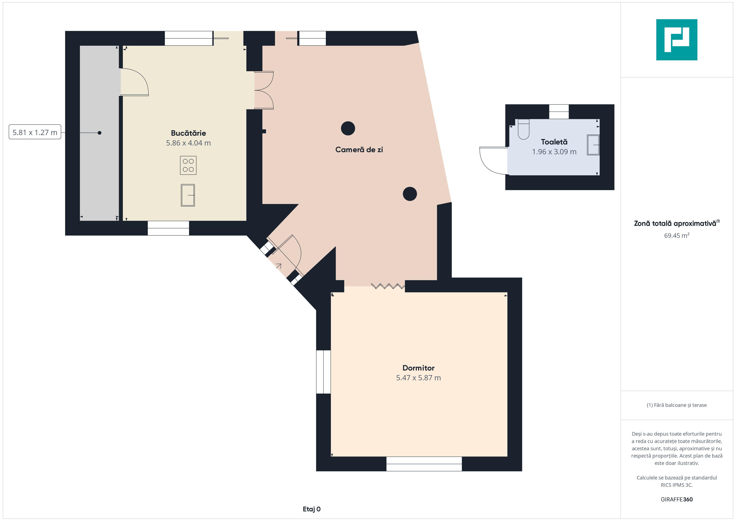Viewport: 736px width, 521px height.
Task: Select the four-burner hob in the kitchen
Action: (x=188, y=165)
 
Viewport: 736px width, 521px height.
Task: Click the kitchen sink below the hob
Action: (x=188, y=195)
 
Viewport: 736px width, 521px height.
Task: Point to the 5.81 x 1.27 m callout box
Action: (x=35, y=132)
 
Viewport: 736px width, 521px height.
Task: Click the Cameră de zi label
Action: (x=359, y=149)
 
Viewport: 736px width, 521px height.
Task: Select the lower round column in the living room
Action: (x=410, y=194)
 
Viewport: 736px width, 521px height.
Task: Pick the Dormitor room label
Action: (x=418, y=368)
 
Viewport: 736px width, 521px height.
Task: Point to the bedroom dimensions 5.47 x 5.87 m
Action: (x=418, y=378)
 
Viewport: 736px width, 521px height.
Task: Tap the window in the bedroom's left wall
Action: (x=323, y=372)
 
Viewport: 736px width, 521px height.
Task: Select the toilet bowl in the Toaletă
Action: (x=523, y=129)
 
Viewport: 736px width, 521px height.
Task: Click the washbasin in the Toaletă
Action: (x=593, y=145)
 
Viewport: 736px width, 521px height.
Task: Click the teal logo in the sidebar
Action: (x=677, y=40)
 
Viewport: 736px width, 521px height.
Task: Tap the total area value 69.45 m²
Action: (x=677, y=235)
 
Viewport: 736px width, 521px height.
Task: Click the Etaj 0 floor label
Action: (x=312, y=509)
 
